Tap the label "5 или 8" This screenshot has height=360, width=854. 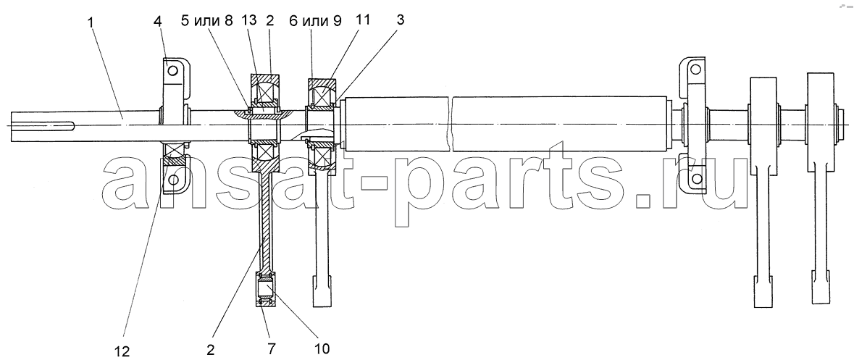[207, 22]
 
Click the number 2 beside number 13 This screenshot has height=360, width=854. [270, 22]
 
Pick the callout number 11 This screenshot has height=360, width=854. [364, 21]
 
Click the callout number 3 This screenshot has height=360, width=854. [400, 21]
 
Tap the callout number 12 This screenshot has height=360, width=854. [122, 351]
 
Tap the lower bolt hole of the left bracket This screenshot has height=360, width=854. [173, 180]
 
